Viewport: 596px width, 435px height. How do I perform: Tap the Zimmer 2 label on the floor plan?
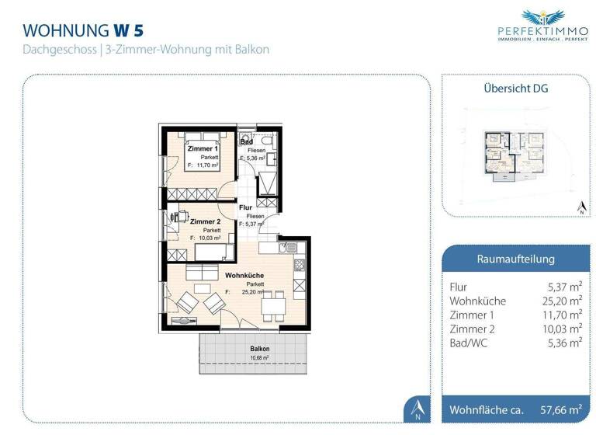point(204,221)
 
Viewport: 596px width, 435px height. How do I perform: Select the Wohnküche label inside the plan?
point(244,275)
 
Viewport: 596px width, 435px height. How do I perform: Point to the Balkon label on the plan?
point(260,350)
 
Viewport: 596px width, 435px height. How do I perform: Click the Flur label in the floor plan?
point(245,207)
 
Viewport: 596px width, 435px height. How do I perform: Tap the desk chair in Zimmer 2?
point(183,217)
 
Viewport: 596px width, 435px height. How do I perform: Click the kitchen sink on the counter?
point(294,249)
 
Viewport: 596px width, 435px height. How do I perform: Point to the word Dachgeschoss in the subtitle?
point(59,50)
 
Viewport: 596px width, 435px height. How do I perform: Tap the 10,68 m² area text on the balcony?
point(260,358)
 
